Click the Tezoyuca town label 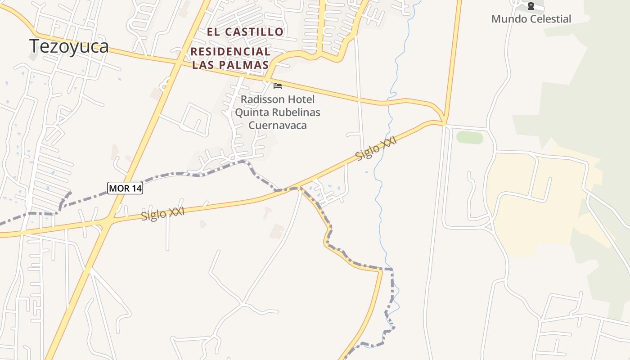(x=69, y=46)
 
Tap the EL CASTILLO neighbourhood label (x=245, y=32)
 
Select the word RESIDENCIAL (x=230, y=52)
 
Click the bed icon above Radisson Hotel (x=278, y=85)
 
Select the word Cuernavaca (x=278, y=125)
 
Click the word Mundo (x=508, y=19)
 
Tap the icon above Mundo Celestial (x=531, y=6)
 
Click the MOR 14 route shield (x=125, y=188)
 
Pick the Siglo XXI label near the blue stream (x=376, y=149)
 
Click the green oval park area (x=469, y=137)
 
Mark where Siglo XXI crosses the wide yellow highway (x=106, y=222)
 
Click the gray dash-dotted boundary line (x=180, y=174)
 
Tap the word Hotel (x=301, y=99)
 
